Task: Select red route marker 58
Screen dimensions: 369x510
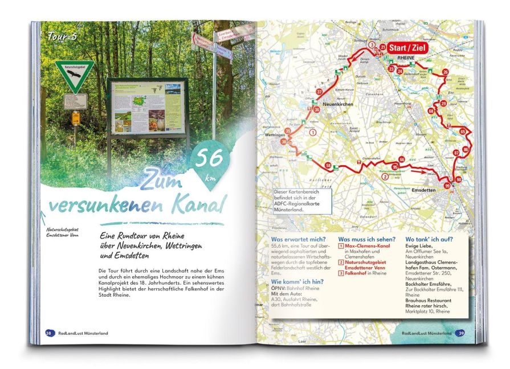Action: pos(328,166)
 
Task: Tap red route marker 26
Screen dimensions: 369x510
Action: pos(446,72)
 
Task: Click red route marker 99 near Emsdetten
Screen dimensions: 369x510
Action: pos(448,186)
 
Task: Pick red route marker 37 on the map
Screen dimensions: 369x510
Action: pos(320,92)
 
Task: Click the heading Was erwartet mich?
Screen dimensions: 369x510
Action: pos(297,240)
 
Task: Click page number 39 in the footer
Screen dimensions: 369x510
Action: pos(460,333)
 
